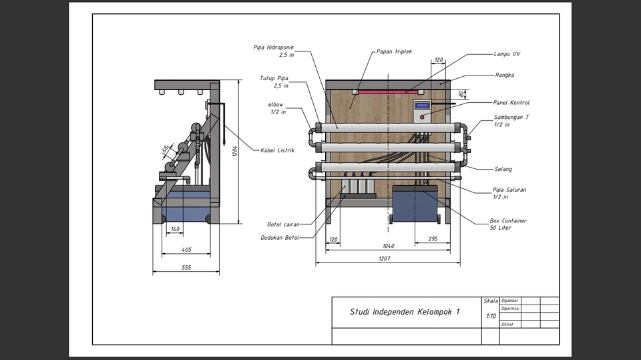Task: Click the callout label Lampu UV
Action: click(x=507, y=54)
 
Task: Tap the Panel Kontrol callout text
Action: click(x=511, y=103)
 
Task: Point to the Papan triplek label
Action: click(x=394, y=51)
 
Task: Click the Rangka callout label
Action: click(x=504, y=75)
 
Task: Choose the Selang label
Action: click(x=503, y=169)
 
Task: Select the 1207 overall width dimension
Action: click(x=384, y=258)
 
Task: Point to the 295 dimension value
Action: click(x=432, y=238)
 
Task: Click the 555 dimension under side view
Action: click(x=186, y=266)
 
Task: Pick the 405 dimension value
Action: click(x=186, y=250)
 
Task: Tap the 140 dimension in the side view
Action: click(x=175, y=229)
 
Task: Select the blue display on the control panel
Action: click(x=422, y=105)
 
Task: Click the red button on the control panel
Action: click(x=421, y=117)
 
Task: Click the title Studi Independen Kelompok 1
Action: click(x=405, y=312)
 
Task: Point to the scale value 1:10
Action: click(x=491, y=316)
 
